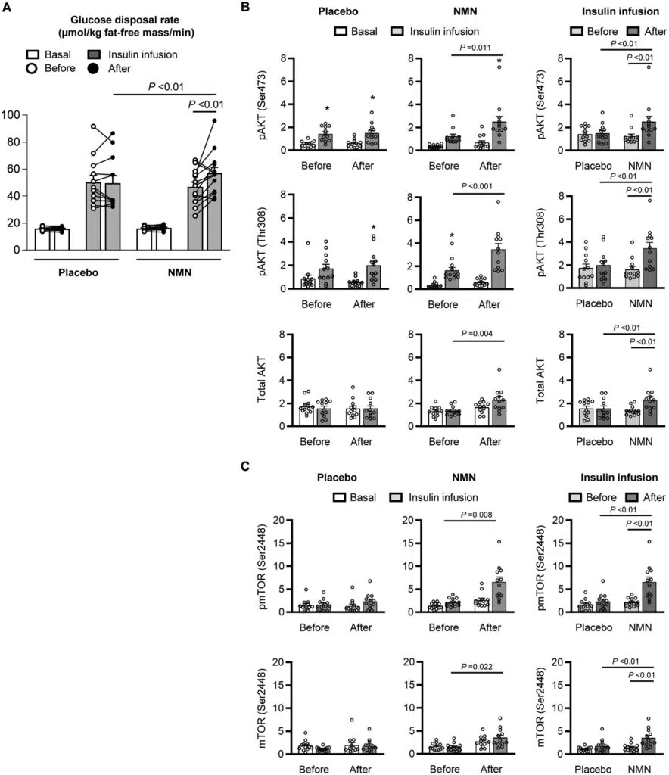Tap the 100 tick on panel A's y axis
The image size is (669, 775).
(x=17, y=114)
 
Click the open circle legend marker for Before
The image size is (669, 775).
(x=33, y=68)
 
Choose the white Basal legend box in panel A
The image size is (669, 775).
(x=33, y=55)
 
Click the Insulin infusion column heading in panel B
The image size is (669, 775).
(x=608, y=12)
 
